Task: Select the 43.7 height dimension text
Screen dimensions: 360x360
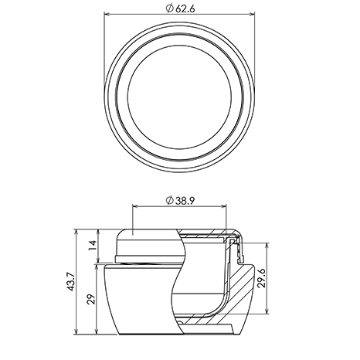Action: coord(71,282)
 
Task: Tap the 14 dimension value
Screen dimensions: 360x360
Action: coord(93,245)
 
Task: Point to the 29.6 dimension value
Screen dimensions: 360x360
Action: coord(261,278)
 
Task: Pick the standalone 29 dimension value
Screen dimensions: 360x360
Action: coord(91,299)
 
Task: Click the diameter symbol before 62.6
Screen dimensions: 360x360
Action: coord(169,9)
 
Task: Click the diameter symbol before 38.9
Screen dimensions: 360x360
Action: coord(169,200)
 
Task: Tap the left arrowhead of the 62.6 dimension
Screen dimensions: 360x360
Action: coord(107,14)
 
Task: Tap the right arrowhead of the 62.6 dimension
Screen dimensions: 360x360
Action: coord(252,14)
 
